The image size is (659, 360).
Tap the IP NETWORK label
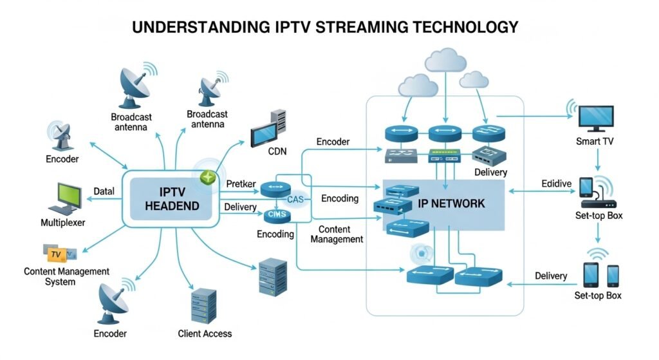pyautogui.click(x=451, y=204)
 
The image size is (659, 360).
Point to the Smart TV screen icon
pyautogui.click(x=596, y=117)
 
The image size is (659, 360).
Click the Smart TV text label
pyautogui.click(x=595, y=140)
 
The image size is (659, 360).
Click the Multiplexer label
pyautogui.click(x=62, y=223)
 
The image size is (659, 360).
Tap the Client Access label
pyautogui.click(x=205, y=334)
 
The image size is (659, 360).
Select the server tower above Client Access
pyautogui.click(x=203, y=305)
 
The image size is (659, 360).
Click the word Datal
pyautogui.click(x=104, y=191)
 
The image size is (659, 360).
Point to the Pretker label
pyautogui.click(x=241, y=184)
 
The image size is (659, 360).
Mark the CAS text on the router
pyautogui.click(x=295, y=200)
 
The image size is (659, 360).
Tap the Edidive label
pyautogui.click(x=556, y=184)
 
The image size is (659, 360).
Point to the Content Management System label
pyautogui.click(x=66, y=276)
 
